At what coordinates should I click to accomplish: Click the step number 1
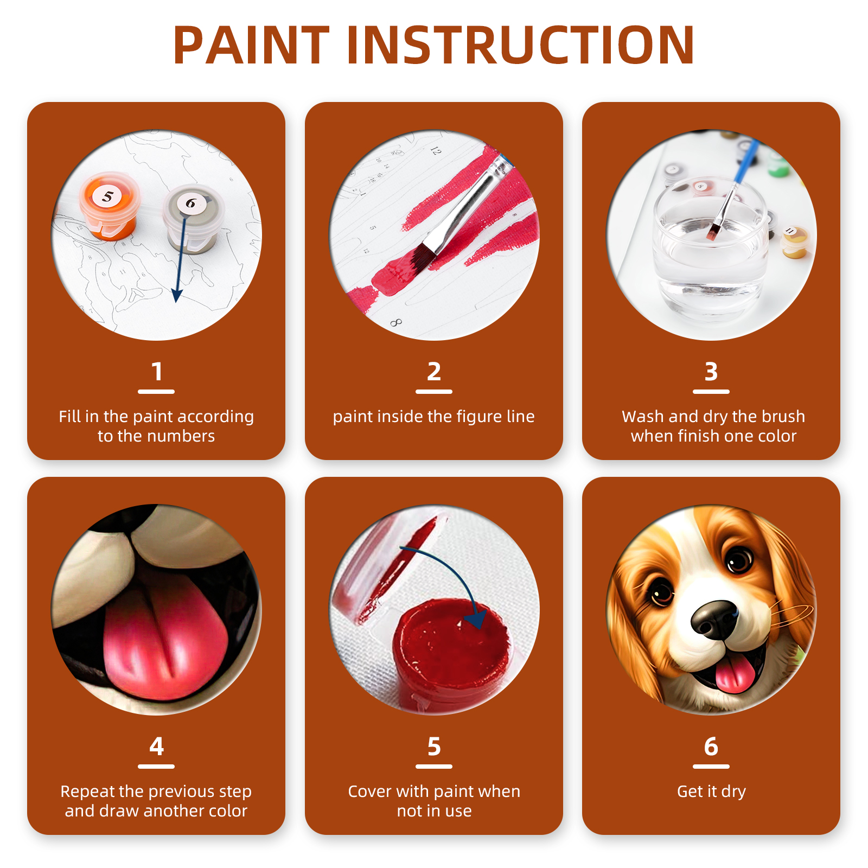coord(157,372)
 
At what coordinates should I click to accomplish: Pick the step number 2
coord(434,372)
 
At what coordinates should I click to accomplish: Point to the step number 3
coord(711,372)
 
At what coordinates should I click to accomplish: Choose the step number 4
coord(157,746)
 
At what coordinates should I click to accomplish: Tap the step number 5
coord(434,746)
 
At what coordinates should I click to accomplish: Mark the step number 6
coord(711,746)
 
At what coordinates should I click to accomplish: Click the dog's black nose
coord(714,620)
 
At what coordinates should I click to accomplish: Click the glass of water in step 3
coord(711,247)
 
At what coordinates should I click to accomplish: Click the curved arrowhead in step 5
coord(477,618)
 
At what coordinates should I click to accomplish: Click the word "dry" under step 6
coord(733,792)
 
